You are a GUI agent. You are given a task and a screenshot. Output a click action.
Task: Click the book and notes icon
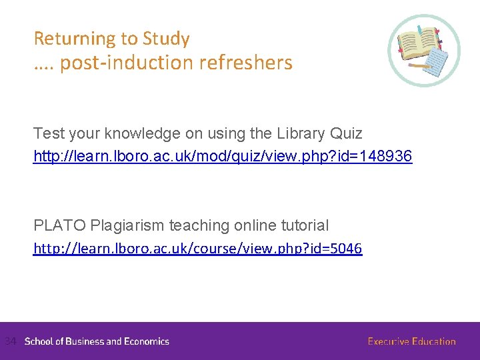click(424, 51)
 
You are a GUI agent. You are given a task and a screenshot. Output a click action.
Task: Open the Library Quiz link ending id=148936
click(223, 157)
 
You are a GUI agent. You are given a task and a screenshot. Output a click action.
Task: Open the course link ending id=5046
click(198, 249)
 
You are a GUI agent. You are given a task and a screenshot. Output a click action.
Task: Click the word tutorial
click(305, 226)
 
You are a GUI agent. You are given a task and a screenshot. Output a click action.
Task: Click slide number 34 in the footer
click(9, 341)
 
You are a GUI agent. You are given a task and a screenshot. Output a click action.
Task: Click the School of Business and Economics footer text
click(97, 341)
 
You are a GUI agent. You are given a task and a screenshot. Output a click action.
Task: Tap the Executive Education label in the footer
click(411, 341)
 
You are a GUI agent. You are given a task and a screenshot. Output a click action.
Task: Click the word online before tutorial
click(254, 226)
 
